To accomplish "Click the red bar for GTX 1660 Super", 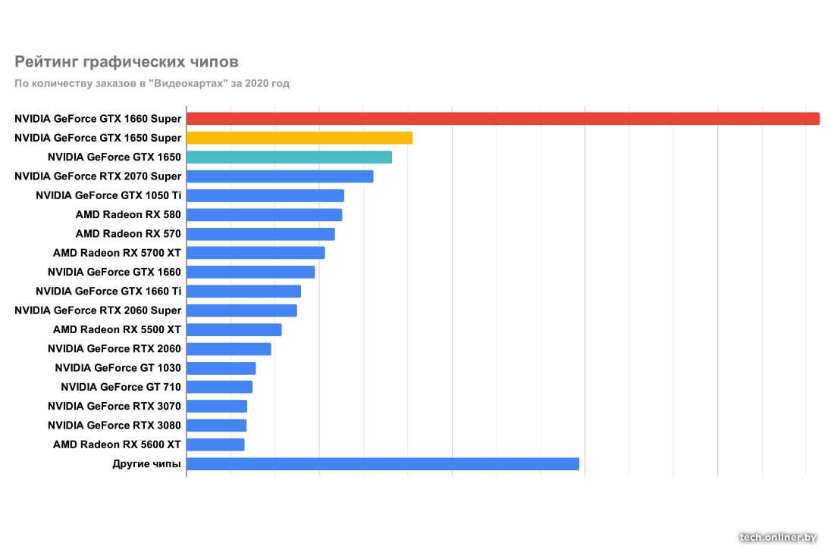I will click(x=503, y=118).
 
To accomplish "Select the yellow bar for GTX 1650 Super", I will click(x=299, y=138).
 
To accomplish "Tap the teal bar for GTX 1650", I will click(x=289, y=157).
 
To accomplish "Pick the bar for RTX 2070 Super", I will click(x=280, y=176).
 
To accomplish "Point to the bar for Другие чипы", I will click(x=383, y=463).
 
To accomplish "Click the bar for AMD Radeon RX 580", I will click(x=264, y=215).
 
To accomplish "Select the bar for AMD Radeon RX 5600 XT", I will click(x=215, y=444).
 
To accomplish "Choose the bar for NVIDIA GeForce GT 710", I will click(x=219, y=387).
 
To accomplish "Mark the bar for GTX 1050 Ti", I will click(x=265, y=195).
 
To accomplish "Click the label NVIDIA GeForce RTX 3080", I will click(x=114, y=426).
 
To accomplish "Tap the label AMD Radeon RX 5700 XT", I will click(x=117, y=253).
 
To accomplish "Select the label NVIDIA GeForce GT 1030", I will click(x=118, y=368).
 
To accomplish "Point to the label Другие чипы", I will click(x=146, y=463).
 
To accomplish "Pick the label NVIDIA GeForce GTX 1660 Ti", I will click(x=108, y=292).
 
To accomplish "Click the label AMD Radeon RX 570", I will click(x=128, y=234).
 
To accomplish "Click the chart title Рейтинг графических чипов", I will click(x=127, y=61).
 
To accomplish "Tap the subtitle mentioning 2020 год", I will click(x=152, y=83).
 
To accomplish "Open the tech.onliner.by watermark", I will click(x=779, y=537).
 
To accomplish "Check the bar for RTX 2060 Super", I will click(x=242, y=310).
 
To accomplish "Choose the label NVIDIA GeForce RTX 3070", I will click(x=114, y=407).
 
